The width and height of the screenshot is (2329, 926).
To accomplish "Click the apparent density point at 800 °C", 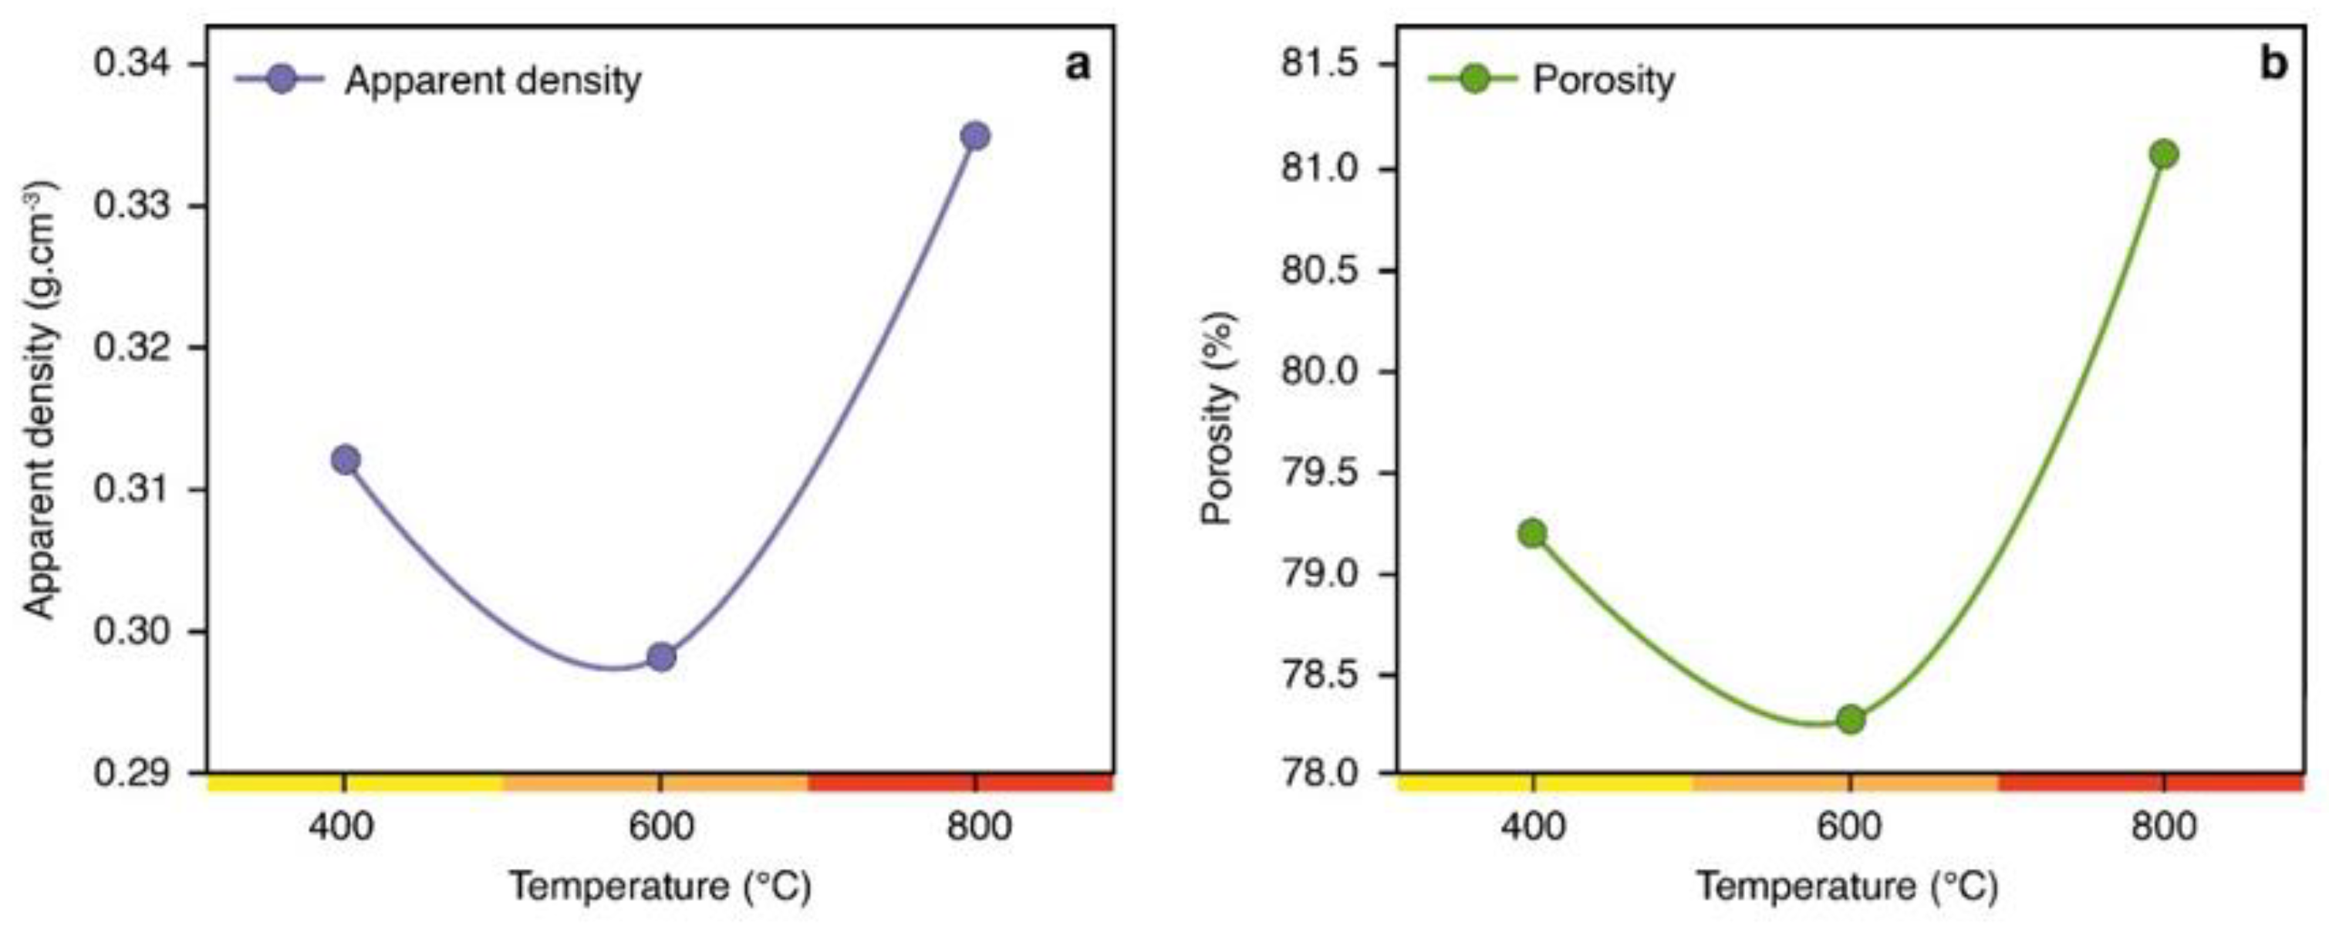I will [x=974, y=137].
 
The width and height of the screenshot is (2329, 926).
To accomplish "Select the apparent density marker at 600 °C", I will [x=661, y=657].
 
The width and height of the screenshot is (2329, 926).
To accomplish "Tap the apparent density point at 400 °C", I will [x=346, y=459].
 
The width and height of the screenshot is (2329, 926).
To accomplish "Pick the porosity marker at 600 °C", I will [x=1850, y=719].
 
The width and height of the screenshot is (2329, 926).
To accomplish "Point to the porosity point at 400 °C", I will [x=1532, y=532].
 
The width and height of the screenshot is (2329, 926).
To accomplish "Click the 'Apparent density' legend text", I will [x=493, y=81].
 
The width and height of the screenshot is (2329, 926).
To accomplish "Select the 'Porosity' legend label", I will [x=1603, y=80].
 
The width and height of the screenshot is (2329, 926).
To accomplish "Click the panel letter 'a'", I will [x=1078, y=65].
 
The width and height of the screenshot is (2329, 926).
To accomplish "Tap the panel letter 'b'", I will [x=2273, y=65].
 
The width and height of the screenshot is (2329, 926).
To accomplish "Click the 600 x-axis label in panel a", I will [x=661, y=827].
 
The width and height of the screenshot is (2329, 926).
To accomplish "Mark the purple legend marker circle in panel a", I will [x=282, y=79].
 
